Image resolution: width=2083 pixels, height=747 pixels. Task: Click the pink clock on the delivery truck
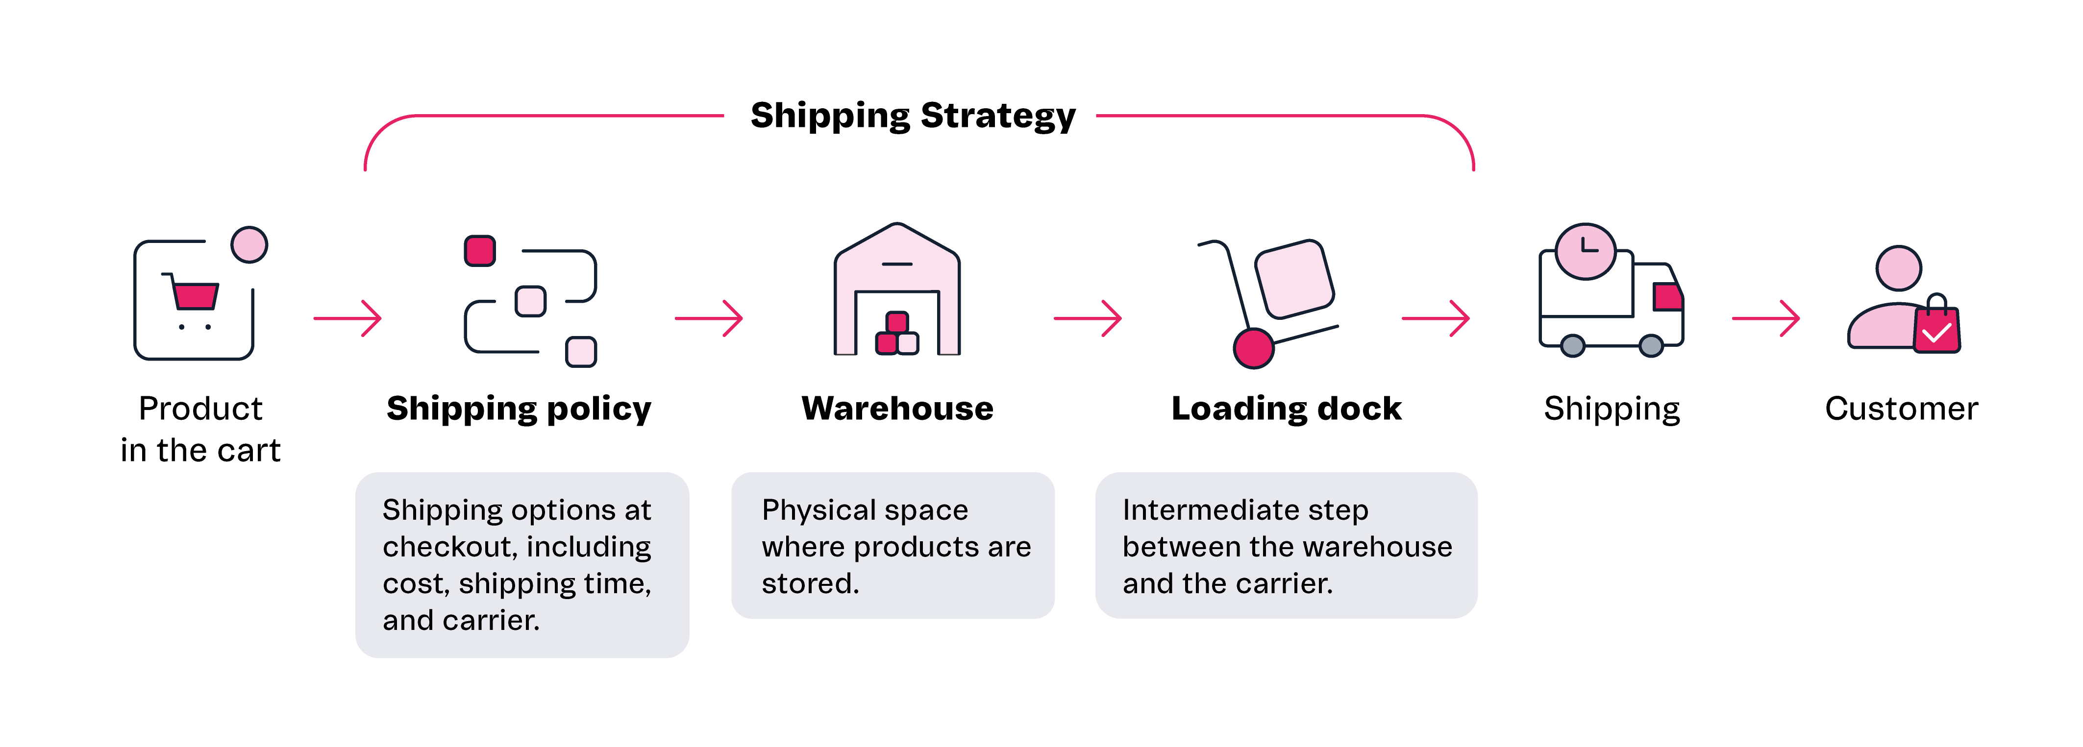pyautogui.click(x=1585, y=251)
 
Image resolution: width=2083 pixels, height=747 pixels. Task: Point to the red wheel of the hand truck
pyautogui.click(x=1253, y=348)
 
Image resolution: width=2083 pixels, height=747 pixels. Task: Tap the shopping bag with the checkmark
pyautogui.click(x=1936, y=329)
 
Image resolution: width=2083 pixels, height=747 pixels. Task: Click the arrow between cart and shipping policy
pyautogui.click(x=347, y=318)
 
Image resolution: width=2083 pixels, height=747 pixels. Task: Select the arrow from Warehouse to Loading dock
pyautogui.click(x=1088, y=318)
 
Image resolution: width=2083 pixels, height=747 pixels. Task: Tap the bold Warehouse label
pyautogui.click(x=897, y=408)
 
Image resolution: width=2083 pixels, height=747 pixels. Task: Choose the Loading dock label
pyautogui.click(x=1286, y=408)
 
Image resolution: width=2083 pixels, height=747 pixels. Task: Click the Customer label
pyautogui.click(x=1901, y=408)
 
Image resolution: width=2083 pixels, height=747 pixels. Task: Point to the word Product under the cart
pyautogui.click(x=200, y=408)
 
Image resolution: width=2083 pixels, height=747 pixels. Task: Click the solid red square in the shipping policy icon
pyautogui.click(x=479, y=251)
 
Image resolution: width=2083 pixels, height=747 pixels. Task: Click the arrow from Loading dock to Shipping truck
pyautogui.click(x=1435, y=318)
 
